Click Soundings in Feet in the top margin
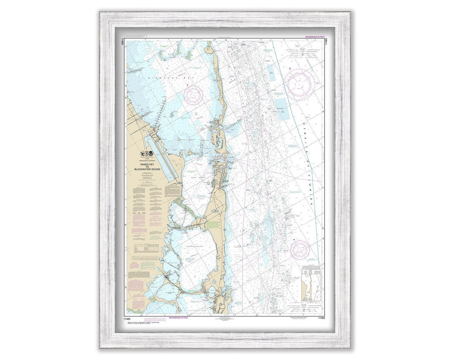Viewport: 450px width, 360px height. pyautogui.click(x=315, y=37)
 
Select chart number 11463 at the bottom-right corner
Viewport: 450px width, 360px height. pyautogui.click(x=321, y=317)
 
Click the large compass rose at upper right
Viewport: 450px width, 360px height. pyautogui.click(x=299, y=84)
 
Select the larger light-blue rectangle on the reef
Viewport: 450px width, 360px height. pyautogui.click(x=282, y=108)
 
